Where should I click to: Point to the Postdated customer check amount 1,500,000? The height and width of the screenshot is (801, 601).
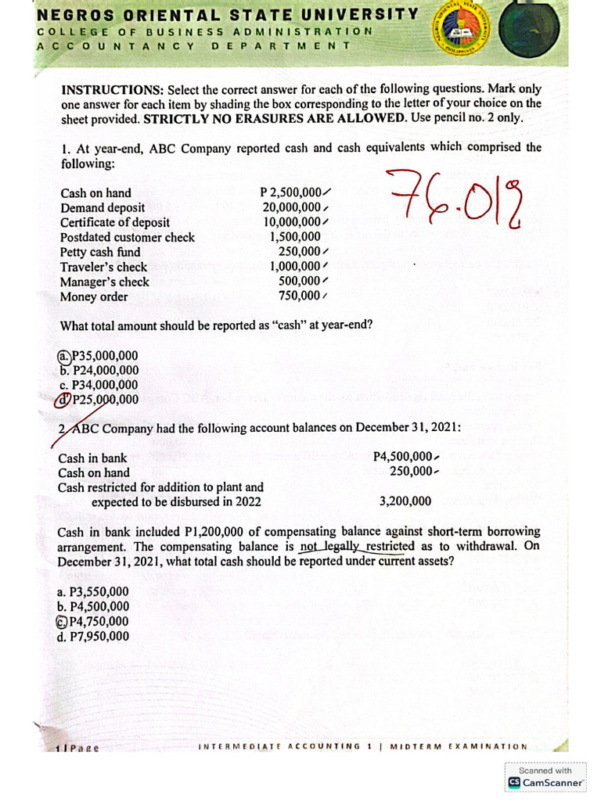[x=295, y=237]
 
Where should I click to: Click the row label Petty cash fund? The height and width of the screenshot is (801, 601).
[x=100, y=252]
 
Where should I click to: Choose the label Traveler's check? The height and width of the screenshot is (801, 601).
[x=103, y=267]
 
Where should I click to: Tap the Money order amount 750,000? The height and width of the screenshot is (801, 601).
[x=300, y=296]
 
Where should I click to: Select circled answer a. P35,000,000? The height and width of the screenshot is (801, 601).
[x=99, y=356]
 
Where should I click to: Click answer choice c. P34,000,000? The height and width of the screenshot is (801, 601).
[x=99, y=385]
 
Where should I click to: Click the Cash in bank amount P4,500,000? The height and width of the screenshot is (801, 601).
[x=403, y=458]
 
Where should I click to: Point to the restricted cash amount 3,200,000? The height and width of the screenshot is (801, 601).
[x=405, y=501]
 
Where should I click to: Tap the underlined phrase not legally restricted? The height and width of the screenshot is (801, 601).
[x=358, y=547]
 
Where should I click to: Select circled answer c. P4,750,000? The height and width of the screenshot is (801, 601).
[x=92, y=622]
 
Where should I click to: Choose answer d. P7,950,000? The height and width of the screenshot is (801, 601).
[x=93, y=636]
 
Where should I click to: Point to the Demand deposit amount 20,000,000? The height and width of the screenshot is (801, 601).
[x=292, y=207]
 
